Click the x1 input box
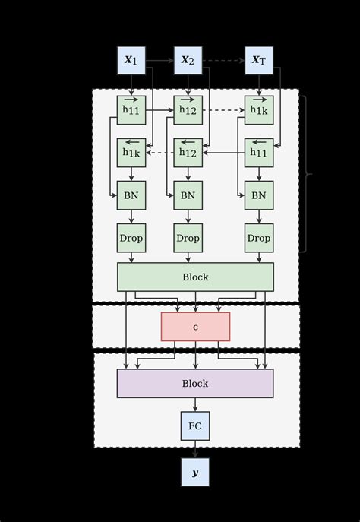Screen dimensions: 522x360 (131, 60)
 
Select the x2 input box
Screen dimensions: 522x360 (188, 60)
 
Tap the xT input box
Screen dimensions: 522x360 (258, 60)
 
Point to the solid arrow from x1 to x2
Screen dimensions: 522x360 (159, 60)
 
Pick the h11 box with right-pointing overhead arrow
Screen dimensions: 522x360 (131, 109)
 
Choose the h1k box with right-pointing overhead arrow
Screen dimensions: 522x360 (258, 109)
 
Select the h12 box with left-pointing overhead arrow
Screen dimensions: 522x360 (188, 152)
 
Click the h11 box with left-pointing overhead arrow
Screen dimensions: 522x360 (258, 152)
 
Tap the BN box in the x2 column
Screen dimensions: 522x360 (188, 195)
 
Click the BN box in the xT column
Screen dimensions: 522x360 (258, 195)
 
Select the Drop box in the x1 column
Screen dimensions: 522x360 (131, 238)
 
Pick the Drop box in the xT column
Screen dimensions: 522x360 (258, 238)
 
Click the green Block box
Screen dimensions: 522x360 (195, 277)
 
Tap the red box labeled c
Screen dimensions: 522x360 (195, 327)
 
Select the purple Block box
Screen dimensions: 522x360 (195, 383)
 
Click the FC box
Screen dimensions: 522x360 (195, 426)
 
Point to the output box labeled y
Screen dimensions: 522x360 (195, 472)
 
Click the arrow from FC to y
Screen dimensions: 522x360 (195, 449)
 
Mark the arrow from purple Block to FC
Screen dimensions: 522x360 (195, 404)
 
